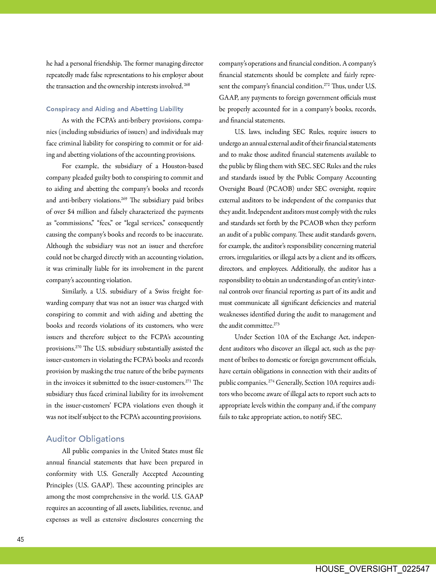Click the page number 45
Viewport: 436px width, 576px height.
21,539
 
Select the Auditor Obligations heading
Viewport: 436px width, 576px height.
85,439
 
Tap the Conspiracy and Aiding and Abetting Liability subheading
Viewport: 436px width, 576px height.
115,109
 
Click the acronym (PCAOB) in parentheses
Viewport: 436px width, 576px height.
280,189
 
